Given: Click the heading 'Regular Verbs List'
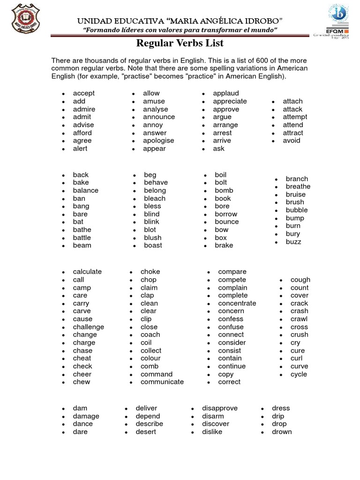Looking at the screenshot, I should pos(180,44).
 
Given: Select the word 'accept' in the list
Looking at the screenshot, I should pos(83,93).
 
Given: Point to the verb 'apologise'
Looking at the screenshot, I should pos(158,141).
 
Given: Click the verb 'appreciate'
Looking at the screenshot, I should pos(230,101).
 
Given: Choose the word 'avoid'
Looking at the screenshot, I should pos(292,141).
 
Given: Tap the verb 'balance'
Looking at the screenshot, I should pos(85,190).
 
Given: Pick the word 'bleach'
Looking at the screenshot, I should pos(155,198).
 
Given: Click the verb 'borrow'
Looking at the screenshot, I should pos(226,214).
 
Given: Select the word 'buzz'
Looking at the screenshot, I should pos(293,242).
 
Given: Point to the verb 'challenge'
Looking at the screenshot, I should pos(88,327).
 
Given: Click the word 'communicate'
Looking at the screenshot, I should pos(162,382).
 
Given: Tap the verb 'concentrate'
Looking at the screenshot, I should pos(237,303).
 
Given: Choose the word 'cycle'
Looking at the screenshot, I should pos(299,374).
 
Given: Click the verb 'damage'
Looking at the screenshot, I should pos(86,416).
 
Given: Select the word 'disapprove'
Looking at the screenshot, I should pos(219,408).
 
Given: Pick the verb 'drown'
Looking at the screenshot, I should pos(282,432).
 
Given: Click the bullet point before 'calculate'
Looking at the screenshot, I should pos(63,272).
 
